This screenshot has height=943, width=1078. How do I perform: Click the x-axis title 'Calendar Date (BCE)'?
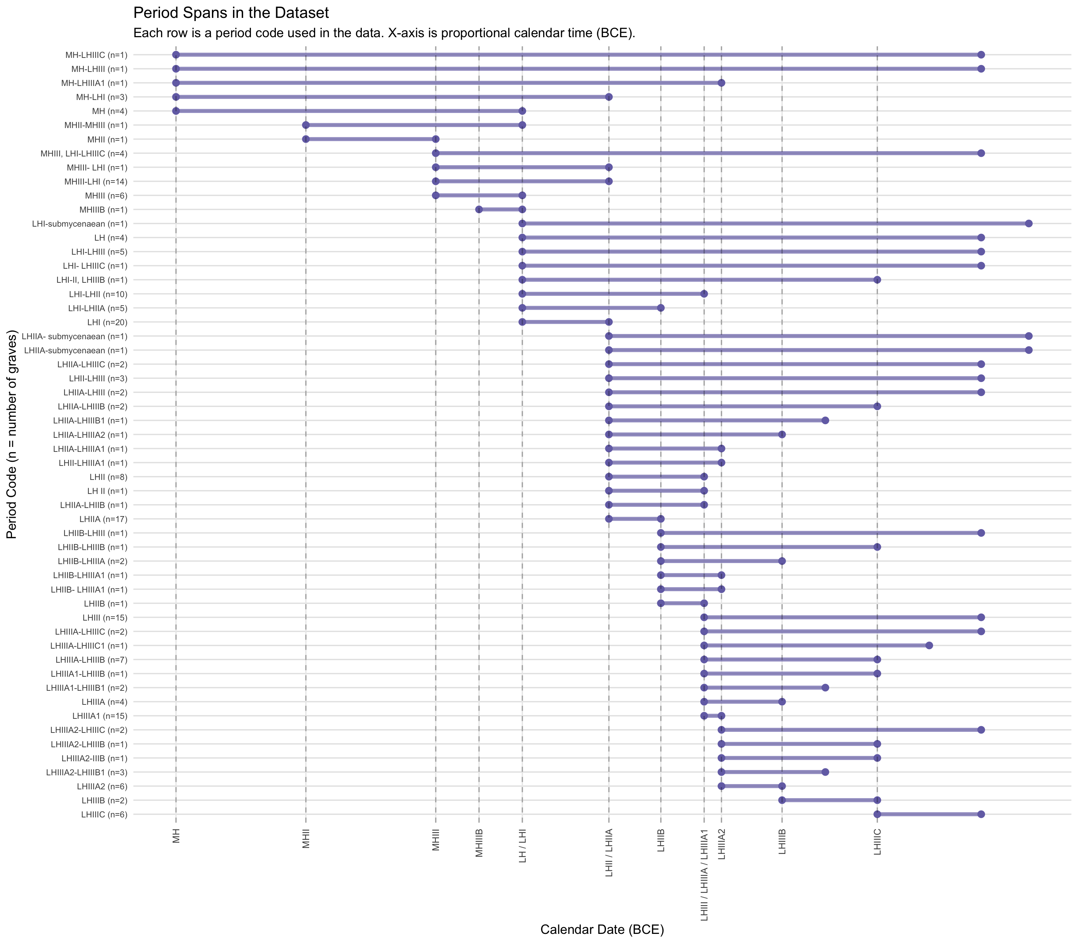pyautogui.click(x=602, y=929)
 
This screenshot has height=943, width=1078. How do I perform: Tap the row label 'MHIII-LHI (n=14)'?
pyautogui.click(x=97, y=182)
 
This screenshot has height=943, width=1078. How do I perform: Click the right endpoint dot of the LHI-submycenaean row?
pyautogui.click(x=1029, y=224)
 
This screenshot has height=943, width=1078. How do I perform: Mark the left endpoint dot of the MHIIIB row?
pyautogui.click(x=479, y=209)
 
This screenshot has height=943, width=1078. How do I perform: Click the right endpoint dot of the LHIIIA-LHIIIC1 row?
pyautogui.click(x=929, y=645)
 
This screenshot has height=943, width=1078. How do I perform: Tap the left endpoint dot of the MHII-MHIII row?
pyautogui.click(x=306, y=125)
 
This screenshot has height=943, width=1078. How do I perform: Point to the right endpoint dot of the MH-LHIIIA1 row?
pyautogui.click(x=721, y=83)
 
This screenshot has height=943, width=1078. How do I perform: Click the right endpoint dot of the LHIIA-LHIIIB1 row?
pyautogui.click(x=825, y=420)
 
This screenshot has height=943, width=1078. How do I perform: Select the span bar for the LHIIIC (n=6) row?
pyautogui.click(x=929, y=814)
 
